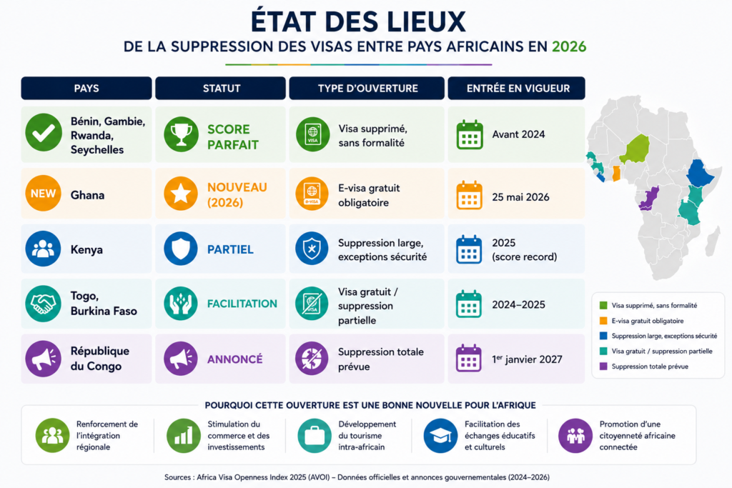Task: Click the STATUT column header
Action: coord(220,88)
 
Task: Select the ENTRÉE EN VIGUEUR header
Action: coord(516,88)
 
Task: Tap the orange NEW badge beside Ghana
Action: coord(43,193)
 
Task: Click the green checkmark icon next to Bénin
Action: coord(44,132)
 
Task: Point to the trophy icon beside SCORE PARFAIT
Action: coord(181,134)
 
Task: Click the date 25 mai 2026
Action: coord(520,197)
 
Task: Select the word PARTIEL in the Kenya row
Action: coord(230,249)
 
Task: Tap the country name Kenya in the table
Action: coord(86,249)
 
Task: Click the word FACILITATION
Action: coord(242,304)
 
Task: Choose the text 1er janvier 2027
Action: coord(527,359)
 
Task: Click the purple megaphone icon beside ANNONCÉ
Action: coord(181,359)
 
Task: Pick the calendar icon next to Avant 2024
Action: coord(470,134)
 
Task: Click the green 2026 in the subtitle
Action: coord(569,46)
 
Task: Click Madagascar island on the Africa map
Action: coord(713,241)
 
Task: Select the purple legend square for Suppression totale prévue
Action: coord(603,367)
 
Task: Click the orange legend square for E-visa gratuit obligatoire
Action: coord(603,321)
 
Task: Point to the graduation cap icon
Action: coord(440,436)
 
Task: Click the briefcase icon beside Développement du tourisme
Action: coord(315,436)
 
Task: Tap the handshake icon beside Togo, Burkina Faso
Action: coord(43,304)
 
